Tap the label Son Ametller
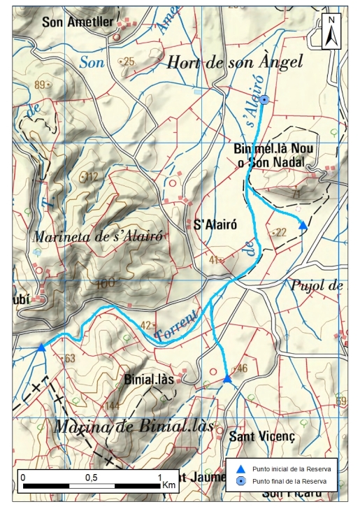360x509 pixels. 77,22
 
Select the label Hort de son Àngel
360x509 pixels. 234,62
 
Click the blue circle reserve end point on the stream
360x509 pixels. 264,100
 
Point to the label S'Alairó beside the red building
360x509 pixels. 213,225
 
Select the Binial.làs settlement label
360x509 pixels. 148,380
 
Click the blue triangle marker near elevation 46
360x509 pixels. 227,379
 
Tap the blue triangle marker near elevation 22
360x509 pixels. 303,225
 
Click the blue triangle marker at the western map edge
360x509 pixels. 41,347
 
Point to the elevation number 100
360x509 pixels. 105,283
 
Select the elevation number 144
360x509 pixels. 112,406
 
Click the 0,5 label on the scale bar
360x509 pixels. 91,477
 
